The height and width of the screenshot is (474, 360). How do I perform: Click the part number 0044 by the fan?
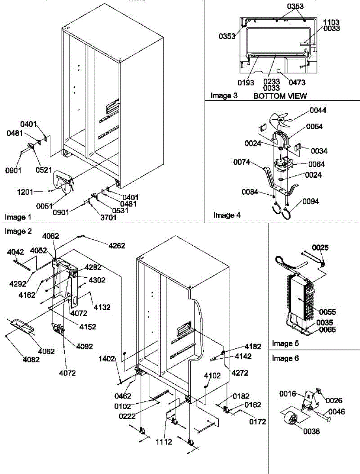click(x=318, y=110)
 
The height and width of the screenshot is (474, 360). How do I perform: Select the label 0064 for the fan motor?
click(x=317, y=164)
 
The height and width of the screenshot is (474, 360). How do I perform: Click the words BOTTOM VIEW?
click(x=280, y=96)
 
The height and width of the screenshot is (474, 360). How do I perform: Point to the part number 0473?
click(x=297, y=83)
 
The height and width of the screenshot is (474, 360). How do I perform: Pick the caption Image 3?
click(x=223, y=96)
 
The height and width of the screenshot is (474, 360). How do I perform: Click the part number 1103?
click(x=332, y=23)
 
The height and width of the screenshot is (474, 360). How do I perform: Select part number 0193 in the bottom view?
click(x=246, y=83)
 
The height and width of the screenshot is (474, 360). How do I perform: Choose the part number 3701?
click(x=97, y=217)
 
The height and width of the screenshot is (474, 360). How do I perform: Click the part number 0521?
click(x=44, y=170)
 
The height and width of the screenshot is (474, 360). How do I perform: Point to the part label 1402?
click(x=107, y=359)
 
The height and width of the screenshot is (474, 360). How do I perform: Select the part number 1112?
click(x=163, y=442)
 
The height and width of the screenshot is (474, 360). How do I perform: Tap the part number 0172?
click(x=257, y=422)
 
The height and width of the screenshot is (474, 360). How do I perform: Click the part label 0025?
click(x=320, y=248)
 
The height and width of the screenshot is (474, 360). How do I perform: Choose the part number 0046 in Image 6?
click(x=336, y=412)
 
